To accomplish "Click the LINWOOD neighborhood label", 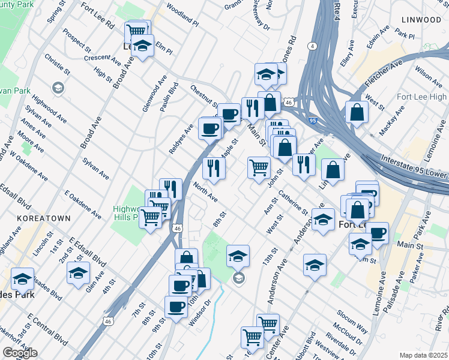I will pyautogui.click(x=420, y=20).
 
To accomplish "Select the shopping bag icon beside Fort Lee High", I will pyautogui.click(x=357, y=112).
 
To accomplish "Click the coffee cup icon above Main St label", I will pyautogui.click(x=377, y=233).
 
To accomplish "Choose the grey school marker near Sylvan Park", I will pyautogui.click(x=58, y=89).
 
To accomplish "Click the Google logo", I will pyautogui.click(x=20, y=353).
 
